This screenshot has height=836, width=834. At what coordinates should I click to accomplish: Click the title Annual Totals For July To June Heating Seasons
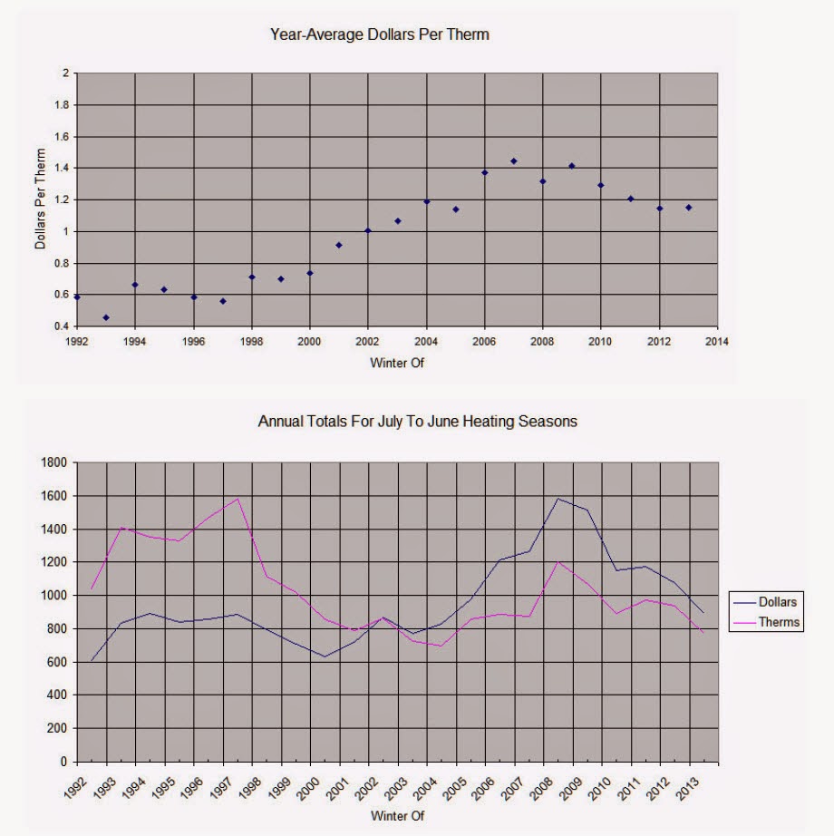(x=418, y=422)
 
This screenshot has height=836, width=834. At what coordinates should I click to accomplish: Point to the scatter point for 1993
(x=106, y=317)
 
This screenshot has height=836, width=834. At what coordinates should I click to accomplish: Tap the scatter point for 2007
(x=514, y=161)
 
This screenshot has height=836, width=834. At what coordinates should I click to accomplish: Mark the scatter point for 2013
(x=689, y=208)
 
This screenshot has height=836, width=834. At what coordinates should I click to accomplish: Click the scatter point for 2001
(x=339, y=245)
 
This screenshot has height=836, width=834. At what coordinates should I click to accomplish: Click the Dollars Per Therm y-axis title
(x=40, y=199)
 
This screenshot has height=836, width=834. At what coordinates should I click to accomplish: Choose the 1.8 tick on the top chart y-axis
(x=61, y=105)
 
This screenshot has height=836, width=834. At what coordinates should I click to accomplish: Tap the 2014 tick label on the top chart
(x=717, y=342)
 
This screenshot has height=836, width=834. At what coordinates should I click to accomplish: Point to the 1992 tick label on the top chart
(x=77, y=342)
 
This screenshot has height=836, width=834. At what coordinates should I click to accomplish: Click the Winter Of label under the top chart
(x=397, y=364)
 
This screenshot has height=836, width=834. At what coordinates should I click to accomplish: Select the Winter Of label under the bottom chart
(x=397, y=816)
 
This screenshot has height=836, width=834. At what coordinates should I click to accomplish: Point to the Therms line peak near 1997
(x=238, y=499)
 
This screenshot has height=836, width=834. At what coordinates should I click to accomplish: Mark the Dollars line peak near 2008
(x=558, y=499)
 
